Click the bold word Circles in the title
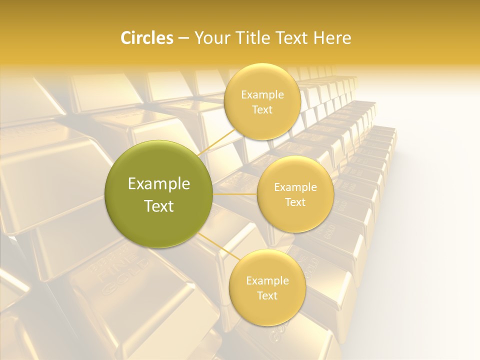147,38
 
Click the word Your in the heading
210,38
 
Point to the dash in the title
183,38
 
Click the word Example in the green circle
159,184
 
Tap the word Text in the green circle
159,206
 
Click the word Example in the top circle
262,94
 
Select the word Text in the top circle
262,109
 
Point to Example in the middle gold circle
295,187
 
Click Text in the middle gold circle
295,202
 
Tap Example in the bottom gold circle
267,280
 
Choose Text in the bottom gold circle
267,295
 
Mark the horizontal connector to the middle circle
235,194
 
